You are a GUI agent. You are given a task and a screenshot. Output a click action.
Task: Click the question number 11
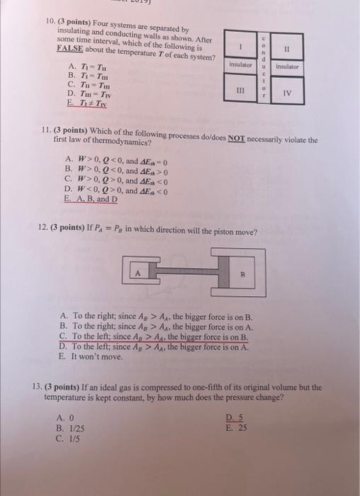pyautogui.click(x=45, y=132)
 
